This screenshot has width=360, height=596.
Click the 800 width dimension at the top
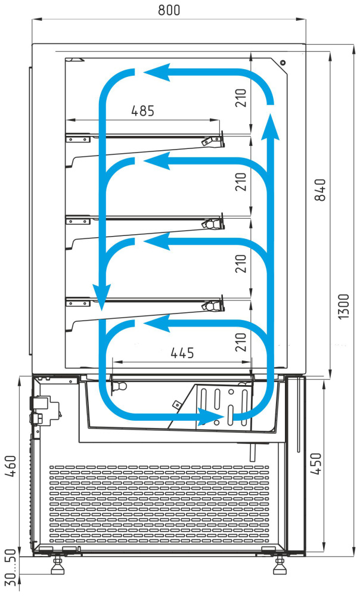(x=169, y=10)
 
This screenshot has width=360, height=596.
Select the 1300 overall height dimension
(x=343, y=306)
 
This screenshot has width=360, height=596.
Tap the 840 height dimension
(x=320, y=190)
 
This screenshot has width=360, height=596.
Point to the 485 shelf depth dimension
(x=142, y=111)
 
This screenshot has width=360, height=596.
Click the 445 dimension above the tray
(x=182, y=353)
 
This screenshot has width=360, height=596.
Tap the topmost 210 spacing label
(x=241, y=98)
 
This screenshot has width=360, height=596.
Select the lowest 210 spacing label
(x=241, y=342)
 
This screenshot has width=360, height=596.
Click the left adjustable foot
(x=58, y=565)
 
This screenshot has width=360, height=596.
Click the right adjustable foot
(x=280, y=565)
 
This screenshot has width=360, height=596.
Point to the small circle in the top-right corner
(x=283, y=63)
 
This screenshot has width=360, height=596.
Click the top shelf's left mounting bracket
(x=78, y=138)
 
